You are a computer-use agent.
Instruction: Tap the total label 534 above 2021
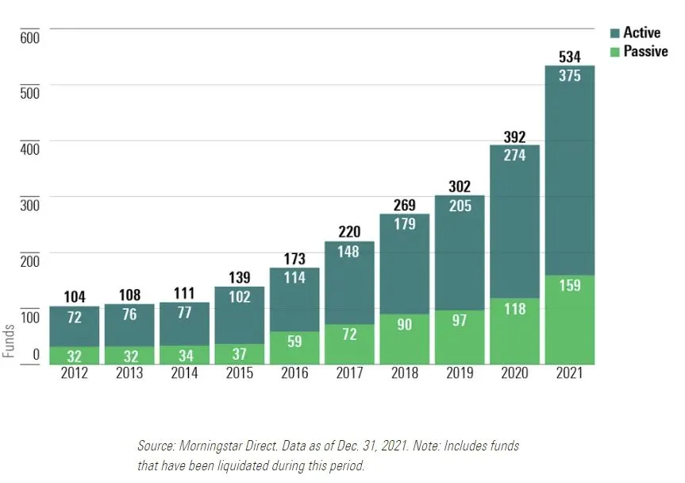569,56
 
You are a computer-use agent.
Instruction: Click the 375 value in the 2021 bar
569,76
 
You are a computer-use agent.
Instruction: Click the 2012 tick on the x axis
75,373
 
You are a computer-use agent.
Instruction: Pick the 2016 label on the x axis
294,373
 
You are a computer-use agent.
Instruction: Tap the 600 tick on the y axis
30,38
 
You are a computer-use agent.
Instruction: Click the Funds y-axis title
9,340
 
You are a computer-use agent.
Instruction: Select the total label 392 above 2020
514,137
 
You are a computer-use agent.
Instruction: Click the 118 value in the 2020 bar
514,309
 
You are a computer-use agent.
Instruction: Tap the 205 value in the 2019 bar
460,206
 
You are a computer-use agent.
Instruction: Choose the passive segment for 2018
405,338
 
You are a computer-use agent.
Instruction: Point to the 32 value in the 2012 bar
75,355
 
